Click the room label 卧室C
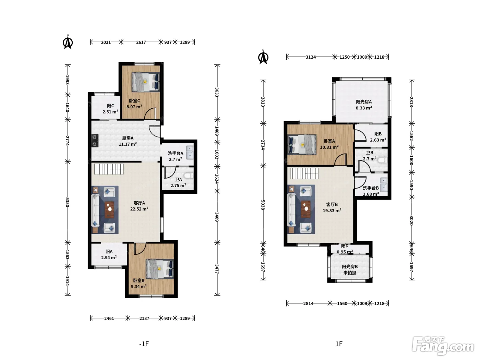(x=134, y=101)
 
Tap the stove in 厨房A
(x=95, y=141)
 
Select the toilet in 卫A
(x=189, y=176)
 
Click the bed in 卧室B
(x=160, y=269)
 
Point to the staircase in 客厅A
(x=109, y=169)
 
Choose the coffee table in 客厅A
(x=110, y=209)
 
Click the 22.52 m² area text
(x=139, y=209)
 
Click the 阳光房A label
(x=364, y=102)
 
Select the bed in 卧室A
(x=302, y=144)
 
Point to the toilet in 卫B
(x=383, y=160)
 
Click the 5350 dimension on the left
(x=68, y=202)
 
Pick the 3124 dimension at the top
(x=311, y=57)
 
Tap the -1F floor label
(x=144, y=344)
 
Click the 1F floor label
(x=339, y=344)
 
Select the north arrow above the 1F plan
(x=263, y=57)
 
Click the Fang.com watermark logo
(x=443, y=346)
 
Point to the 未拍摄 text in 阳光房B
(x=350, y=273)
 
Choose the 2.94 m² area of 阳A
(x=109, y=258)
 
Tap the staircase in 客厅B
(x=304, y=173)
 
